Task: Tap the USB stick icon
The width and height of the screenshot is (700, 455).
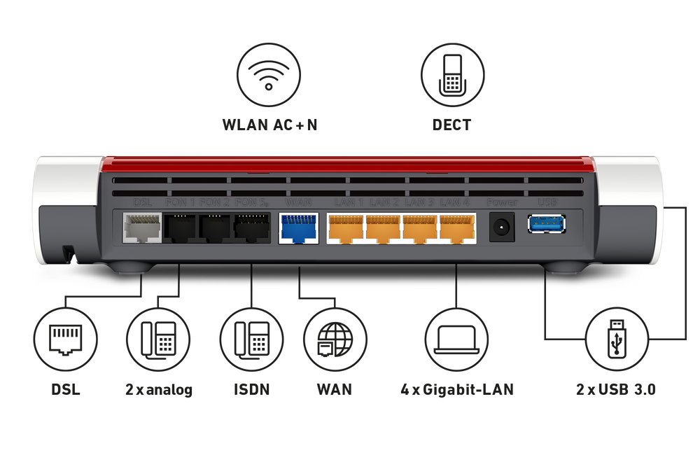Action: pos(617,339)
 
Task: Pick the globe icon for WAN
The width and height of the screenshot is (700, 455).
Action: pos(335,339)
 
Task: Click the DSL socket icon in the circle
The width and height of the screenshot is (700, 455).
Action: pos(65,339)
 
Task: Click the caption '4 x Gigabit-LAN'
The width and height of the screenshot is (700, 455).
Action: pos(456,389)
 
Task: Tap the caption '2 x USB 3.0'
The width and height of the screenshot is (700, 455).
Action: pos(617,389)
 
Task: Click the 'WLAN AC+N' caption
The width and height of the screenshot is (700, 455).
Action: pos(269,126)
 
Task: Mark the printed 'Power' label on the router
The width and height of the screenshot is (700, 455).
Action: pos(502,202)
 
